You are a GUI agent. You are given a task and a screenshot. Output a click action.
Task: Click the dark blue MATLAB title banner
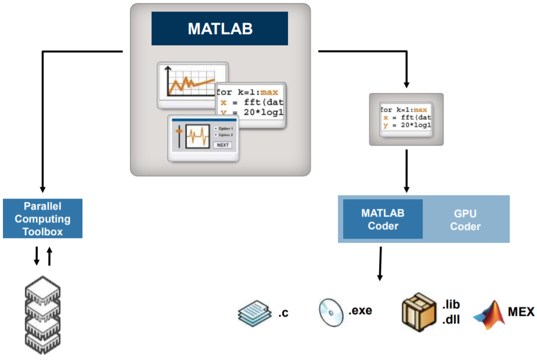pos(219,28)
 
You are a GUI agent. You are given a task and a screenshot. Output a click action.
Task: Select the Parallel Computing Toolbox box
pos(43,219)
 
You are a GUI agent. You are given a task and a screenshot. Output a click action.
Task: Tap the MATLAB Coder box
pos(383,219)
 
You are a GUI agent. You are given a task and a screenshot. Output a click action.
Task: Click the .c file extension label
pos(283,314)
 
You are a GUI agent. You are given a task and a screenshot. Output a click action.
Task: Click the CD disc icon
pos(331,312)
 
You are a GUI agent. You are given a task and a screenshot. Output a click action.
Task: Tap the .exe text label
pos(360,311)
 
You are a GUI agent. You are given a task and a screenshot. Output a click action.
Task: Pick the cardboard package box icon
pos(419,311)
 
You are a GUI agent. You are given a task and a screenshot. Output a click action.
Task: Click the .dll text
pos(451,319)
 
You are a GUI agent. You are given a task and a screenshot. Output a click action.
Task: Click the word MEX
pos(521,312)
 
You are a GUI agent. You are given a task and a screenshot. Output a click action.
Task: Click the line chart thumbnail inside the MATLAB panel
pos(192,85)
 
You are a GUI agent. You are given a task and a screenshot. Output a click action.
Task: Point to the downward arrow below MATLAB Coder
pos(380,264)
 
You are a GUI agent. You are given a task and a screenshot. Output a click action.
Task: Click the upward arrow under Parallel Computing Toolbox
pos(49,255)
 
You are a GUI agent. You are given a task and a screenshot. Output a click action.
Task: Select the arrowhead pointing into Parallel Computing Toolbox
pos(42,189)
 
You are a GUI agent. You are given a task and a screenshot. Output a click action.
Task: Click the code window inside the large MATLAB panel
pos(250,106)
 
